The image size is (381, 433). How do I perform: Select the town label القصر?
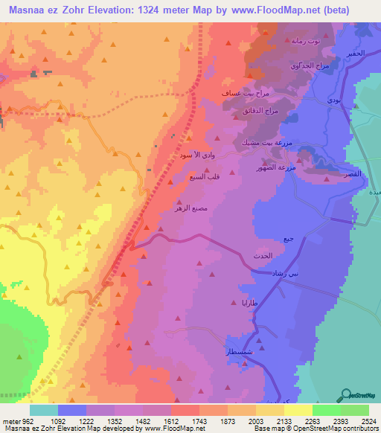[350, 173]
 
